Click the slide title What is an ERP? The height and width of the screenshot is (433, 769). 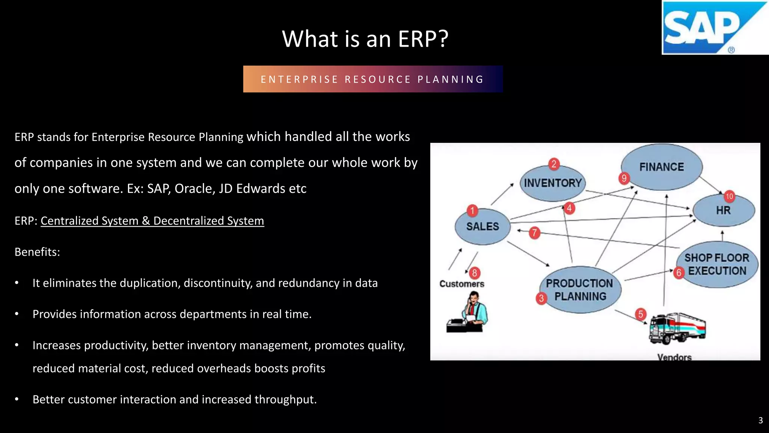[x=365, y=39]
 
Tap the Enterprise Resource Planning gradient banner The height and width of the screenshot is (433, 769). [x=372, y=79]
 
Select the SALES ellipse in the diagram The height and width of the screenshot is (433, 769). [x=483, y=227]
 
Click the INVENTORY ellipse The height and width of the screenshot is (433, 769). [x=552, y=183]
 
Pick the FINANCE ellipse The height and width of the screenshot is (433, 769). [x=662, y=167]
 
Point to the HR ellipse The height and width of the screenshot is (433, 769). [x=723, y=210]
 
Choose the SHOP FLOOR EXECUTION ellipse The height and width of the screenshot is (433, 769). [x=717, y=264]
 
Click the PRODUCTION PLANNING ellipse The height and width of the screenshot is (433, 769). [x=580, y=290]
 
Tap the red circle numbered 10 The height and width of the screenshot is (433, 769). [x=729, y=196]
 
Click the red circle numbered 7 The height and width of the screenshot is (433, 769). [x=534, y=233]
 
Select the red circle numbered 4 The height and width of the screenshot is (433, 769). [x=569, y=208]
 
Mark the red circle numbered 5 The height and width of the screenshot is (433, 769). [x=641, y=314]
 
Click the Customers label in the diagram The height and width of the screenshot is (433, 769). [x=462, y=284]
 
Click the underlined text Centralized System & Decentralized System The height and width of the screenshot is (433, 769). [x=152, y=221]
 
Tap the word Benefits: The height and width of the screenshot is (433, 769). [x=37, y=252]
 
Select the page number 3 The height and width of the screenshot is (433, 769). [x=760, y=420]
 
